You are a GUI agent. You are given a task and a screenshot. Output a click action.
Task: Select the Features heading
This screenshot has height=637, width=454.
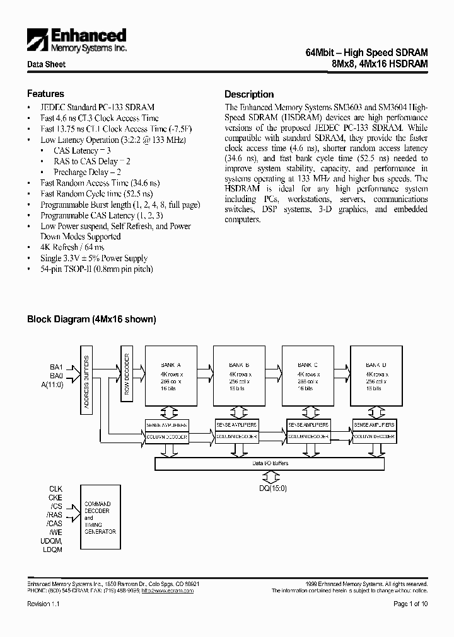click(x=45, y=94)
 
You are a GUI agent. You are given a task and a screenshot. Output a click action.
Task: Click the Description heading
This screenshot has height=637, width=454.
click(x=249, y=94)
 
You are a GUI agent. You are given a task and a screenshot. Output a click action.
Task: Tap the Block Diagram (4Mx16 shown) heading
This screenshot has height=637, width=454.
click(x=91, y=319)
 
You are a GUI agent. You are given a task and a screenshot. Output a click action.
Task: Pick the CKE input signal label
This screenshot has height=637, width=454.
click(x=56, y=497)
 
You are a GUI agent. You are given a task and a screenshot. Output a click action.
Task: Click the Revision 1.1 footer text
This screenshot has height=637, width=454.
click(x=44, y=604)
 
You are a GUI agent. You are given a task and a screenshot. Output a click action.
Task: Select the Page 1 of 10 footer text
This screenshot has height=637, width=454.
click(x=410, y=604)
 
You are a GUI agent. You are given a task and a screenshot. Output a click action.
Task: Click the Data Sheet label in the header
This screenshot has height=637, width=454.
click(x=46, y=65)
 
